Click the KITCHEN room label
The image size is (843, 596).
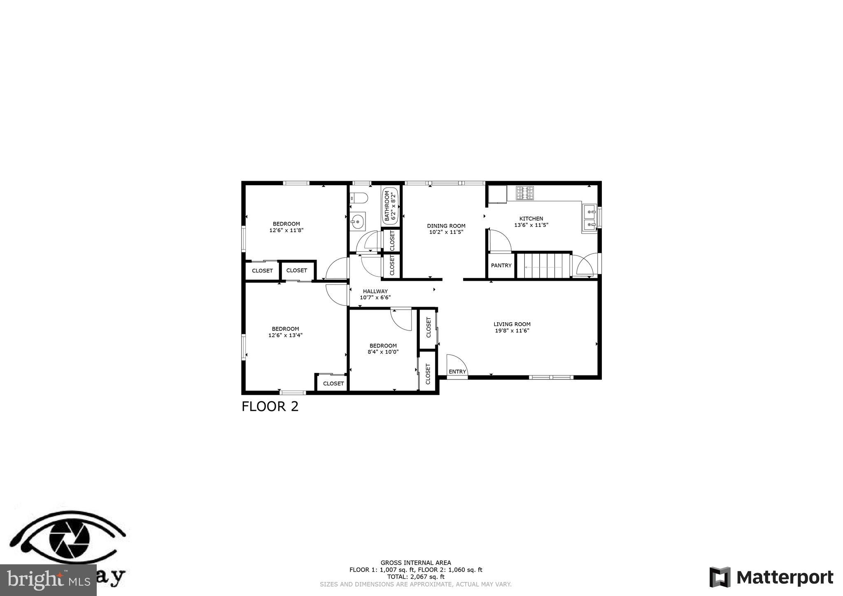coord(531,219)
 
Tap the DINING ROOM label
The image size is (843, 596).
coord(446,226)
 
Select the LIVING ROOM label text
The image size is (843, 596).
coord(512,324)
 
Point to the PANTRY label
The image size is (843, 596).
coord(501,265)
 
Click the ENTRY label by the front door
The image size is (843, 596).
coord(457,372)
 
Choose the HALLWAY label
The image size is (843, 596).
coord(375,291)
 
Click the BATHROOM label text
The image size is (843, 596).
coord(387,206)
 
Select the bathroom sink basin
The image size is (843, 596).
coord(357,222)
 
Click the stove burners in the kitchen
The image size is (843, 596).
coord(525,193)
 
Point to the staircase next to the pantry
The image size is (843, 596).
coord(543,266)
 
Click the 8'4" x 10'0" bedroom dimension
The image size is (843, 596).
coord(383,352)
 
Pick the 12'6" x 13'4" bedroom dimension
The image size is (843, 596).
coord(285,335)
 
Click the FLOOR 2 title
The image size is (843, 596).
coord(270,407)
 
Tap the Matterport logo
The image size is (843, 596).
coord(771,577)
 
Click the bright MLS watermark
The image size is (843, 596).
coord(48,580)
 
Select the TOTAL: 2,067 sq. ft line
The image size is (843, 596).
coord(416,577)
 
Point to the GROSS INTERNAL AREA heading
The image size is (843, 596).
coord(416,563)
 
